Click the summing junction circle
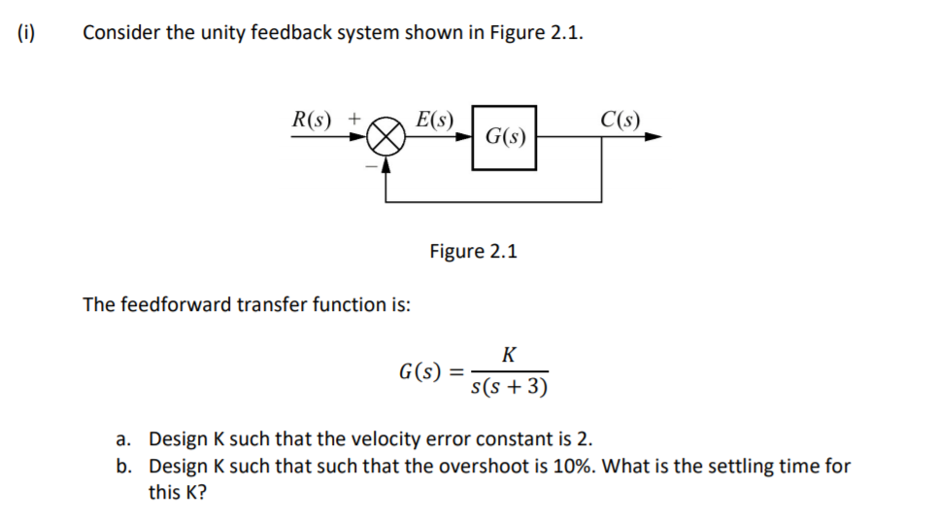pyautogui.click(x=386, y=137)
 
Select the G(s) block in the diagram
pyautogui.click(x=504, y=137)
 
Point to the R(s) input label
pyautogui.click(x=312, y=120)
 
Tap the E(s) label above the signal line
pyautogui.click(x=433, y=120)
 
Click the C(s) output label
pyautogui.click(x=620, y=120)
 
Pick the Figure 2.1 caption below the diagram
pyautogui.click(x=473, y=251)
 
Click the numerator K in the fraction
pyautogui.click(x=509, y=355)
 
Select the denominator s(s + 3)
pyautogui.click(x=508, y=388)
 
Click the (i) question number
pyautogui.click(x=25, y=32)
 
